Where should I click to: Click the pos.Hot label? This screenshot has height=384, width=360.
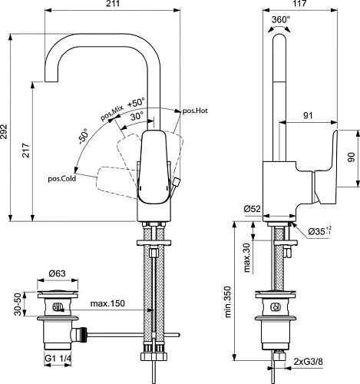[195, 111]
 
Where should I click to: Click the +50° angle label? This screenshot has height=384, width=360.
[137, 102]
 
